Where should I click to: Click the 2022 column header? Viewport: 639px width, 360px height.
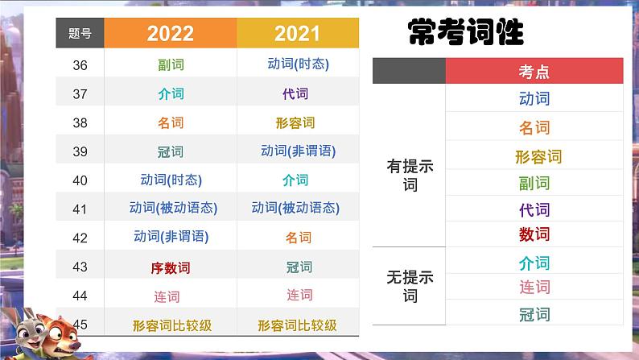pos(171,33)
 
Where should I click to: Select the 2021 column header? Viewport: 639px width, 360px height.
pos(298,33)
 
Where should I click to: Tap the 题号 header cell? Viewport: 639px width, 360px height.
pos(80,33)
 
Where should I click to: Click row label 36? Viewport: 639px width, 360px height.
pos(80,65)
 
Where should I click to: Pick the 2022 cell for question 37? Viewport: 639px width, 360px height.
pos(171,93)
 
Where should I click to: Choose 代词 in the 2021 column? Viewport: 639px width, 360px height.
pos(295,93)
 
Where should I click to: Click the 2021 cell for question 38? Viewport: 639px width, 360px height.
pos(295,122)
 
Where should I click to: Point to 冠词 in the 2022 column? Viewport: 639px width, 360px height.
pos(171,151)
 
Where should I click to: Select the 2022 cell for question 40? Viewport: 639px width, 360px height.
pos(171,180)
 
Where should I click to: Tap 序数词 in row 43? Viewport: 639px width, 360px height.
pos(171,268)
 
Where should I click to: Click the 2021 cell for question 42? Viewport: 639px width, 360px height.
pos(299,238)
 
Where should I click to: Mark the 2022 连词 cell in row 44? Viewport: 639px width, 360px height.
pos(167,296)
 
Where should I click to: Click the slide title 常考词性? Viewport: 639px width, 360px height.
pos(465,31)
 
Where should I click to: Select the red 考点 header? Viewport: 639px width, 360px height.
pos(534,72)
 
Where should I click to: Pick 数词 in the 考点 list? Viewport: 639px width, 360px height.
pos(534,234)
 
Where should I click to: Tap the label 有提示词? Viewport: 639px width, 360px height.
pos(410,176)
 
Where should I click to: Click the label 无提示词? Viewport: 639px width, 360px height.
pos(410,286)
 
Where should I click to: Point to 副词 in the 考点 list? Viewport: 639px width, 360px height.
pos(534,184)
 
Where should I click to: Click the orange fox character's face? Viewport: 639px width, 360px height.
pos(62,335)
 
